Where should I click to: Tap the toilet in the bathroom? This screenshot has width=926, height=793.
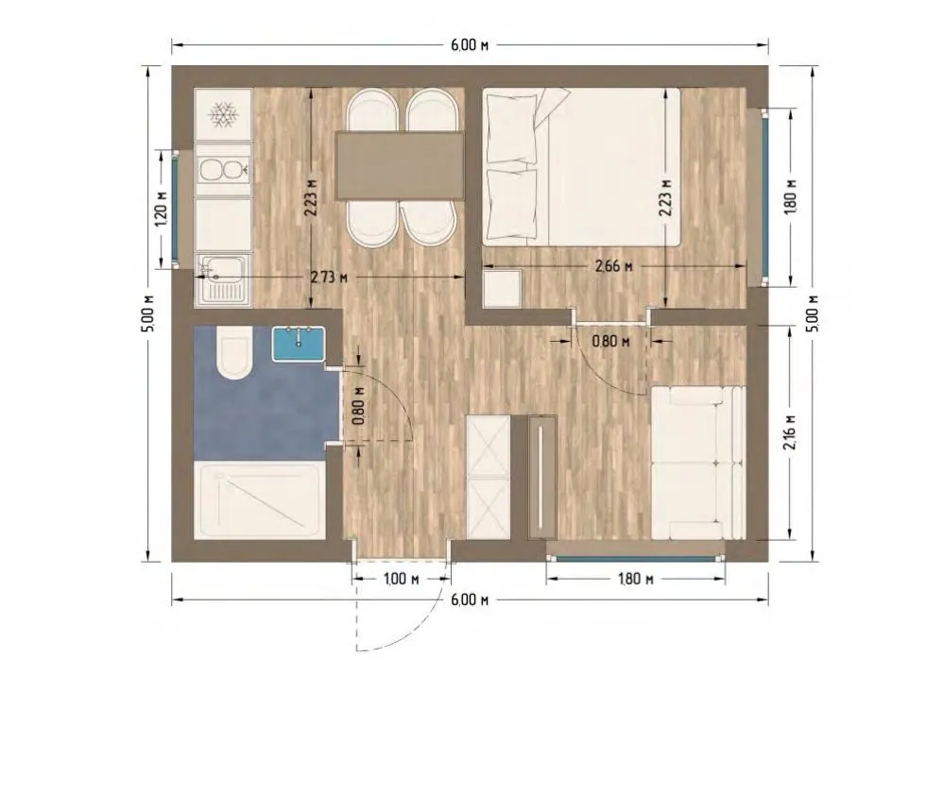[x=234, y=354]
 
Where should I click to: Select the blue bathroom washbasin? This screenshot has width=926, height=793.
[x=299, y=344]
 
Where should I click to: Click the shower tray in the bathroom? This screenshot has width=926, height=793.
[x=260, y=500]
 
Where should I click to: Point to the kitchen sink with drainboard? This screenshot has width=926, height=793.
[x=223, y=281]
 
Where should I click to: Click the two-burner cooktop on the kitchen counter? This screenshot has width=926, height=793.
[x=223, y=170]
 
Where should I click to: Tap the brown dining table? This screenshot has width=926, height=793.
[x=399, y=166]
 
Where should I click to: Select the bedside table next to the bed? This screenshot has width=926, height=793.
[x=502, y=288]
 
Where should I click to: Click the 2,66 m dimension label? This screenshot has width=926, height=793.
[x=613, y=266]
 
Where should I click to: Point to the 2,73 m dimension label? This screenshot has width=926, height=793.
[x=329, y=277]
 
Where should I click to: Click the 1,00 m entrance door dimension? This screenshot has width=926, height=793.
[x=401, y=579]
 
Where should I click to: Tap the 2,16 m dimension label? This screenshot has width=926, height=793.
[x=791, y=432]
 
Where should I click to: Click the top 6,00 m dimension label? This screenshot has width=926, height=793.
[x=470, y=45]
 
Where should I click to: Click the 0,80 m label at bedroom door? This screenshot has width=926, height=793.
[x=610, y=341]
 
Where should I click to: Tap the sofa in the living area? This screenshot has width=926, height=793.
[x=698, y=464]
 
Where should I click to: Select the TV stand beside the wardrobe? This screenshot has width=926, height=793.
[x=542, y=477]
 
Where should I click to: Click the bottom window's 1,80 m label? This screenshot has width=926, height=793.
[x=635, y=579]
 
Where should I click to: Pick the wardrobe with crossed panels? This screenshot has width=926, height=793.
[x=489, y=477]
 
